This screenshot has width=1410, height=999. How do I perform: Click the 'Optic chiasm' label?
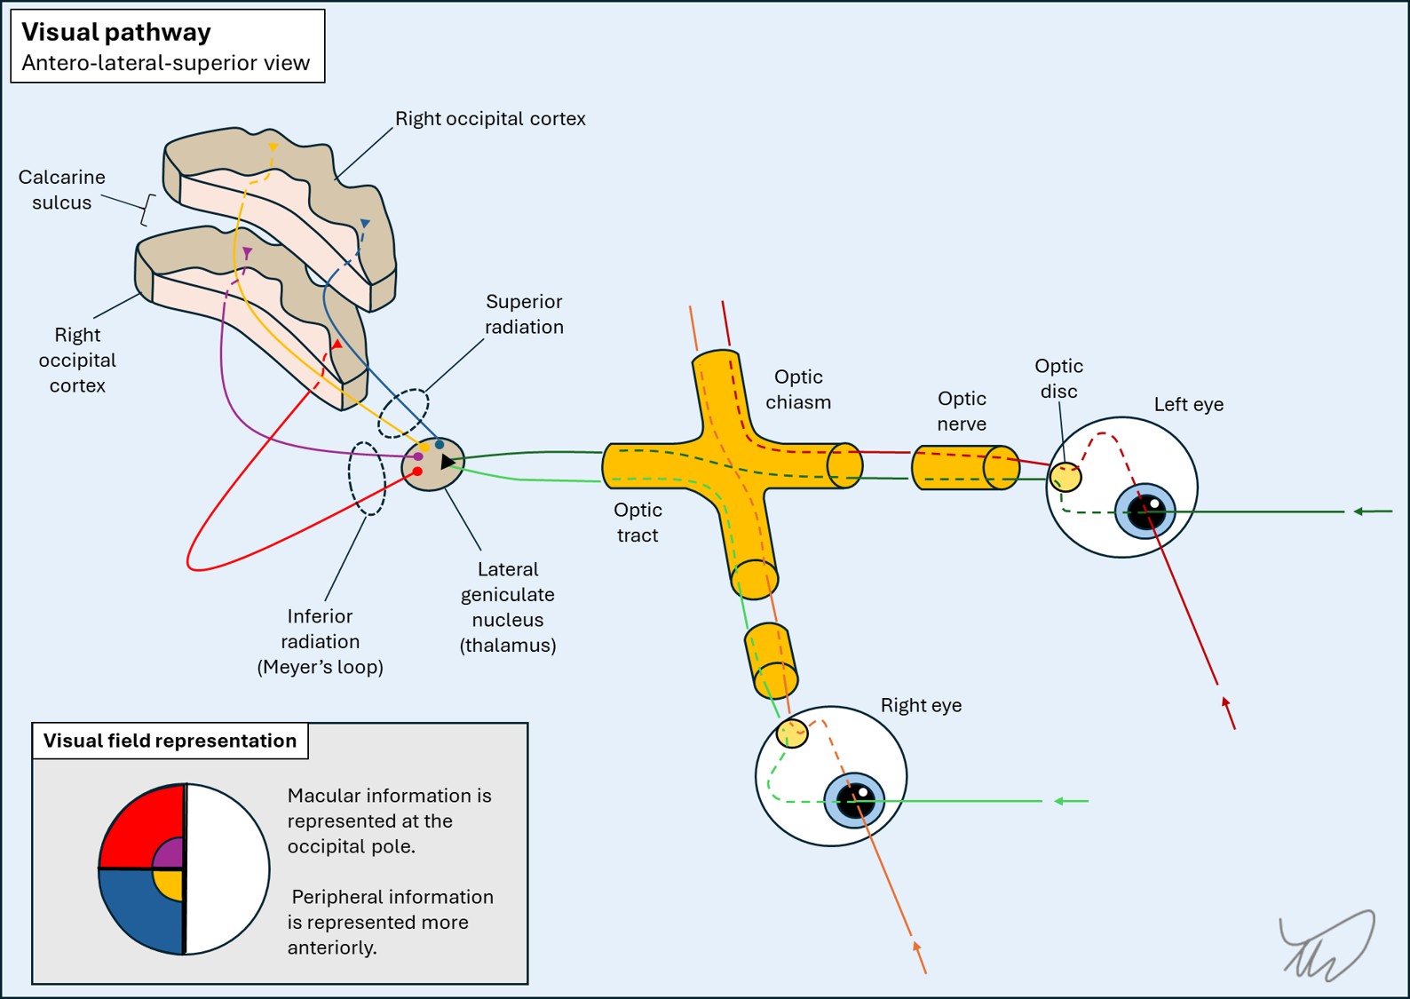798,390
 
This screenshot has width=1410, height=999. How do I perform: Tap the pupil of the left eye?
1145,511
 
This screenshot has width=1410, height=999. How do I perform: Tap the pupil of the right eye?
854,801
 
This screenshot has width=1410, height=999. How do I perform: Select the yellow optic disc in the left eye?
1065,477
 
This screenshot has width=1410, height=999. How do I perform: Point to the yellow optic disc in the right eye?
792,733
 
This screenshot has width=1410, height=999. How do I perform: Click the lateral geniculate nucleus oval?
432,464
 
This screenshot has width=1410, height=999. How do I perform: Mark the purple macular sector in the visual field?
170,855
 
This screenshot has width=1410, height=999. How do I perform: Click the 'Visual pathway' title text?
116,33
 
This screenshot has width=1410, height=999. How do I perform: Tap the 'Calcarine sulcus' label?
61,190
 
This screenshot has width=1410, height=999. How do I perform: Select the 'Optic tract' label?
638,522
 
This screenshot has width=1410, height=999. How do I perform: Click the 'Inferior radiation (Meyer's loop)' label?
320,641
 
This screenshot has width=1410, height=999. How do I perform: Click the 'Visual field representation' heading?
170,741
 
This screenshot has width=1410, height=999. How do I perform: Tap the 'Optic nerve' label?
962,411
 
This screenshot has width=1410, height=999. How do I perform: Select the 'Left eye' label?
1188,405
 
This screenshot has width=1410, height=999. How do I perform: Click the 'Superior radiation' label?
524,314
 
